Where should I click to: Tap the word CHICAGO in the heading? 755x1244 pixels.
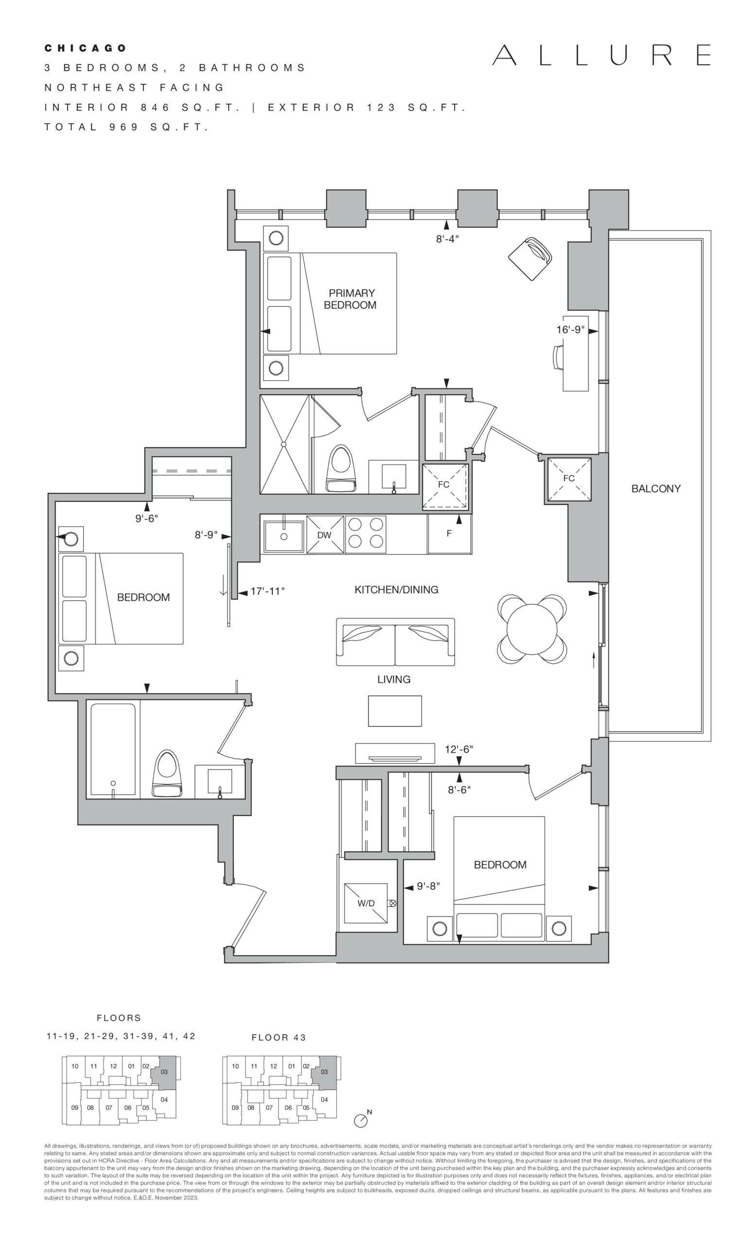86,49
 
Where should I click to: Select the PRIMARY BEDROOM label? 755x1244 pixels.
350,299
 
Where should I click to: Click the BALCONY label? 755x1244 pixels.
655,489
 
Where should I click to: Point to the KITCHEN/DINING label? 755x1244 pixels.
396,589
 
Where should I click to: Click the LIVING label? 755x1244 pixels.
394,679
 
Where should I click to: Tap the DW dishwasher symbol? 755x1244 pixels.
325,535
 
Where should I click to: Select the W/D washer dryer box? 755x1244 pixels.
366,903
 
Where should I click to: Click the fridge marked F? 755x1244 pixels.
449,534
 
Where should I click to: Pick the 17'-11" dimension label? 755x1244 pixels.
268,591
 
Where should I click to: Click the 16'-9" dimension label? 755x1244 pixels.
570,329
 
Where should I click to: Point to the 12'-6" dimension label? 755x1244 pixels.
459,749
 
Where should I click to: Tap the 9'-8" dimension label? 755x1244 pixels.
429,886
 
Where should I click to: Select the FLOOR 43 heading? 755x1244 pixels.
279,1038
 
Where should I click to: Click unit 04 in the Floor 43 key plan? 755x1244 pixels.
325,1100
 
